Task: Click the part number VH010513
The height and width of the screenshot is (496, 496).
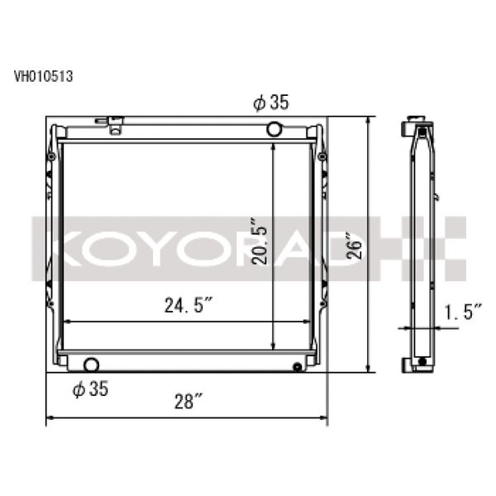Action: pyautogui.click(x=43, y=78)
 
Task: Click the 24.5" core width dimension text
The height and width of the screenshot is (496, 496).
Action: pyautogui.click(x=188, y=308)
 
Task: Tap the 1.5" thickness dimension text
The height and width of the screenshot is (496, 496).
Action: pyautogui.click(x=461, y=312)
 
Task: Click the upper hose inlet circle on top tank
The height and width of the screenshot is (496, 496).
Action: pyautogui.click(x=274, y=129)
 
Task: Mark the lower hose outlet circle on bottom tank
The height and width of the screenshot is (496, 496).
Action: pyautogui.click(x=91, y=364)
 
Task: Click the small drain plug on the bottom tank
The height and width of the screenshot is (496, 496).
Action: pyautogui.click(x=297, y=366)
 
